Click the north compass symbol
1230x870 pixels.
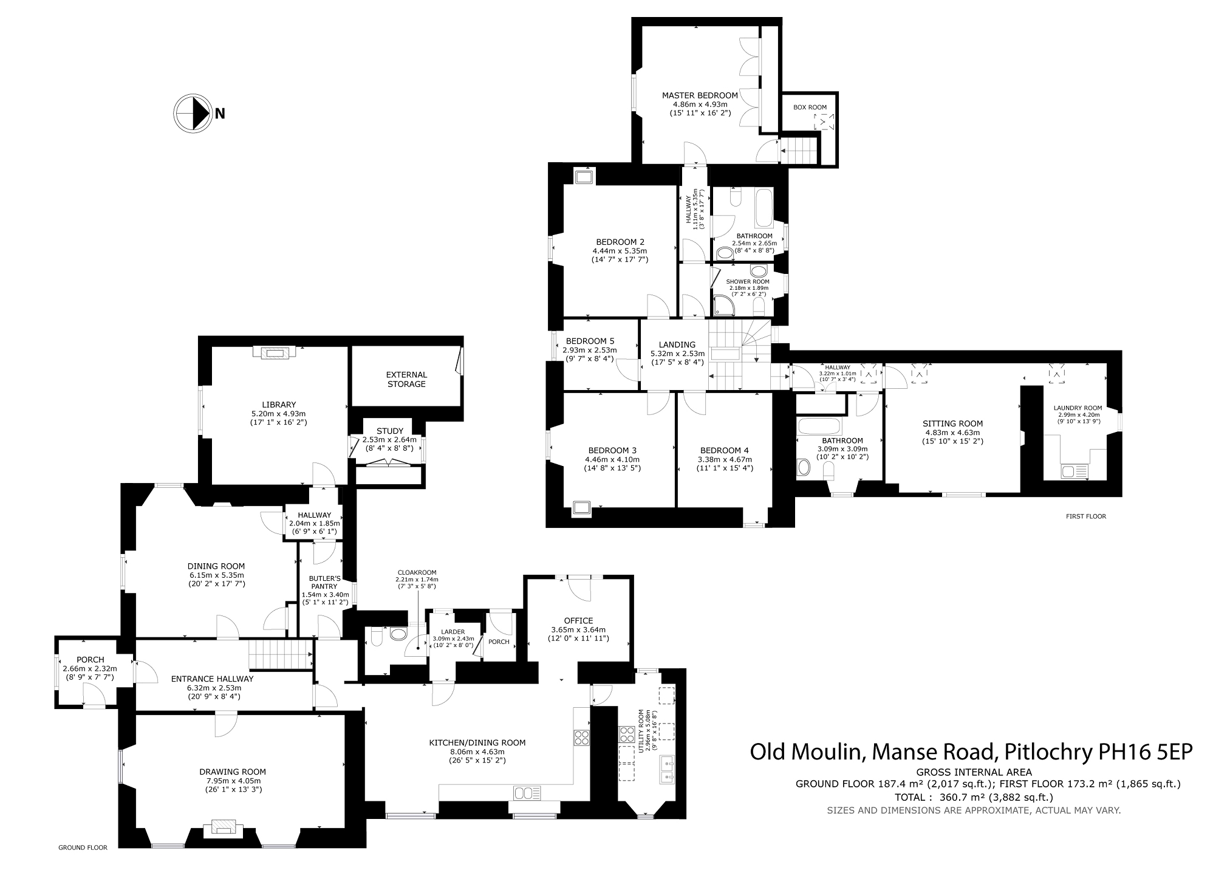pos(193,113)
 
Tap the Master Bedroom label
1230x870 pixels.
pos(700,95)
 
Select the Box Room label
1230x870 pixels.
pos(810,108)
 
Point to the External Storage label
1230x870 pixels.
pos(406,380)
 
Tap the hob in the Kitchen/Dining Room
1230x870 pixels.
pos(581,737)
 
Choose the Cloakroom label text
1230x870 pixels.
pos(417,572)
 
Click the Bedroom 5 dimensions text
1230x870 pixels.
pos(589,354)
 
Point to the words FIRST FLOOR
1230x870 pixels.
pos(1086,516)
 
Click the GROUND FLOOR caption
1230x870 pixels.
pos(83,848)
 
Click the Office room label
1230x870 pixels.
pos(578,620)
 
